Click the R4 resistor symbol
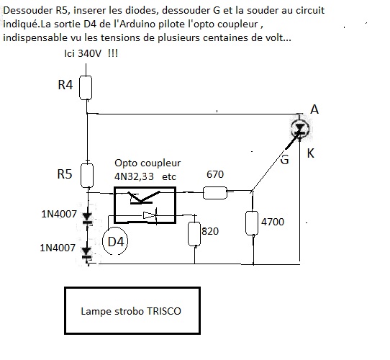coord(86,88)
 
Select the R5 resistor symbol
coord(87,176)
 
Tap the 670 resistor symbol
coord(215,193)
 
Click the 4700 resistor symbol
coord(252,223)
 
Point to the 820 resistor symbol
coord(194,234)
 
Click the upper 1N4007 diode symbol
coord(87,218)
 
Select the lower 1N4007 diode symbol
coord(86,253)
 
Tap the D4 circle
coord(115,241)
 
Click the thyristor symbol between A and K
coord(300,129)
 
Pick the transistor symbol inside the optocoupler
coord(144,197)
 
